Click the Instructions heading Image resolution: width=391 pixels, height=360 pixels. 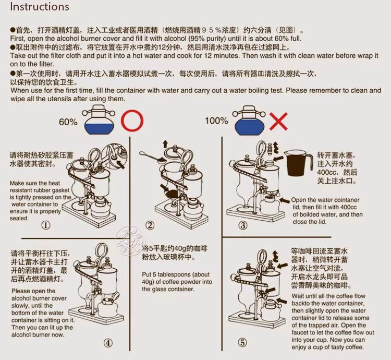tap(40, 7)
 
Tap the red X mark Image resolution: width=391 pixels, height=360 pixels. tap(278, 122)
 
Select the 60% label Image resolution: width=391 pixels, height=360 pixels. tap(68, 122)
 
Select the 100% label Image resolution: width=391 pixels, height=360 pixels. tap(216, 121)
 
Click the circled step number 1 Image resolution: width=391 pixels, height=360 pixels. tap(46, 225)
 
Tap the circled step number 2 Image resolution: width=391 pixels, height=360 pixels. tap(150, 225)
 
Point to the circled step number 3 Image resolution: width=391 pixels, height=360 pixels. tap(243, 225)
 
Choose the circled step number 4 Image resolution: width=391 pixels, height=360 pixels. tap(108, 343)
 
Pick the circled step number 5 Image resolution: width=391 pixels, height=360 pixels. tap(242, 343)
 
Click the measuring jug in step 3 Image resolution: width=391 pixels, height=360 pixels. tap(299, 163)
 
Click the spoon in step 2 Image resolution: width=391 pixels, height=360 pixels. tap(153, 157)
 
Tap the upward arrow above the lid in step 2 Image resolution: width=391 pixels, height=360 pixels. tap(165, 144)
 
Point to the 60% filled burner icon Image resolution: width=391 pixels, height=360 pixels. tap(99, 119)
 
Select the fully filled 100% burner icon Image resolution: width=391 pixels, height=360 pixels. tap(249, 120)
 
